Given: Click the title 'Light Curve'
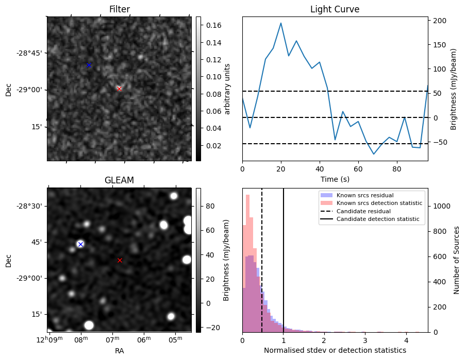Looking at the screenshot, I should (x=335, y=9).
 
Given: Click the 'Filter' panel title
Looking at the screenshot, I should (x=119, y=9).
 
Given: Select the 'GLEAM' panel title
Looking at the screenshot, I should (x=119, y=180).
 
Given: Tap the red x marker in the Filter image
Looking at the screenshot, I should (x=119, y=89).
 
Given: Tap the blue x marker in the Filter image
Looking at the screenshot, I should (x=89, y=65).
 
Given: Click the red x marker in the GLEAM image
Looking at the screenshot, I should (x=120, y=260).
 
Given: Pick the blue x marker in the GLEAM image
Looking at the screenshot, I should (x=80, y=244).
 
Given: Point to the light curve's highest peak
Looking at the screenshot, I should (x=281, y=23).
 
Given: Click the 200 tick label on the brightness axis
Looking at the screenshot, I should (x=439, y=21).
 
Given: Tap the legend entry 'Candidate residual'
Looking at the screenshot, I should (x=363, y=211).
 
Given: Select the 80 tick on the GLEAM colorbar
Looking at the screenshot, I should (x=210, y=206).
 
